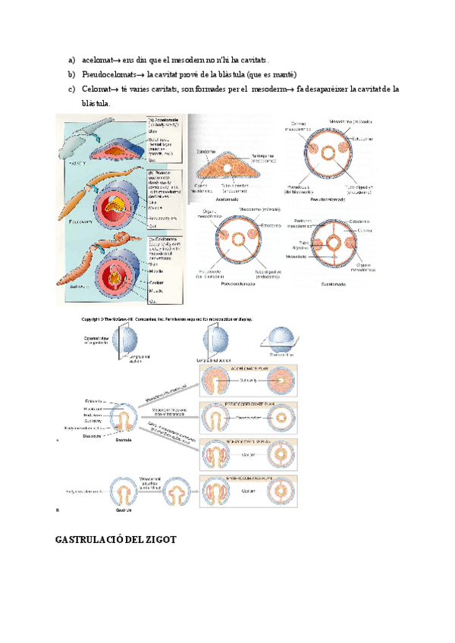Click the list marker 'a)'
pos(72,59)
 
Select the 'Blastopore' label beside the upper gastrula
pos(92,435)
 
